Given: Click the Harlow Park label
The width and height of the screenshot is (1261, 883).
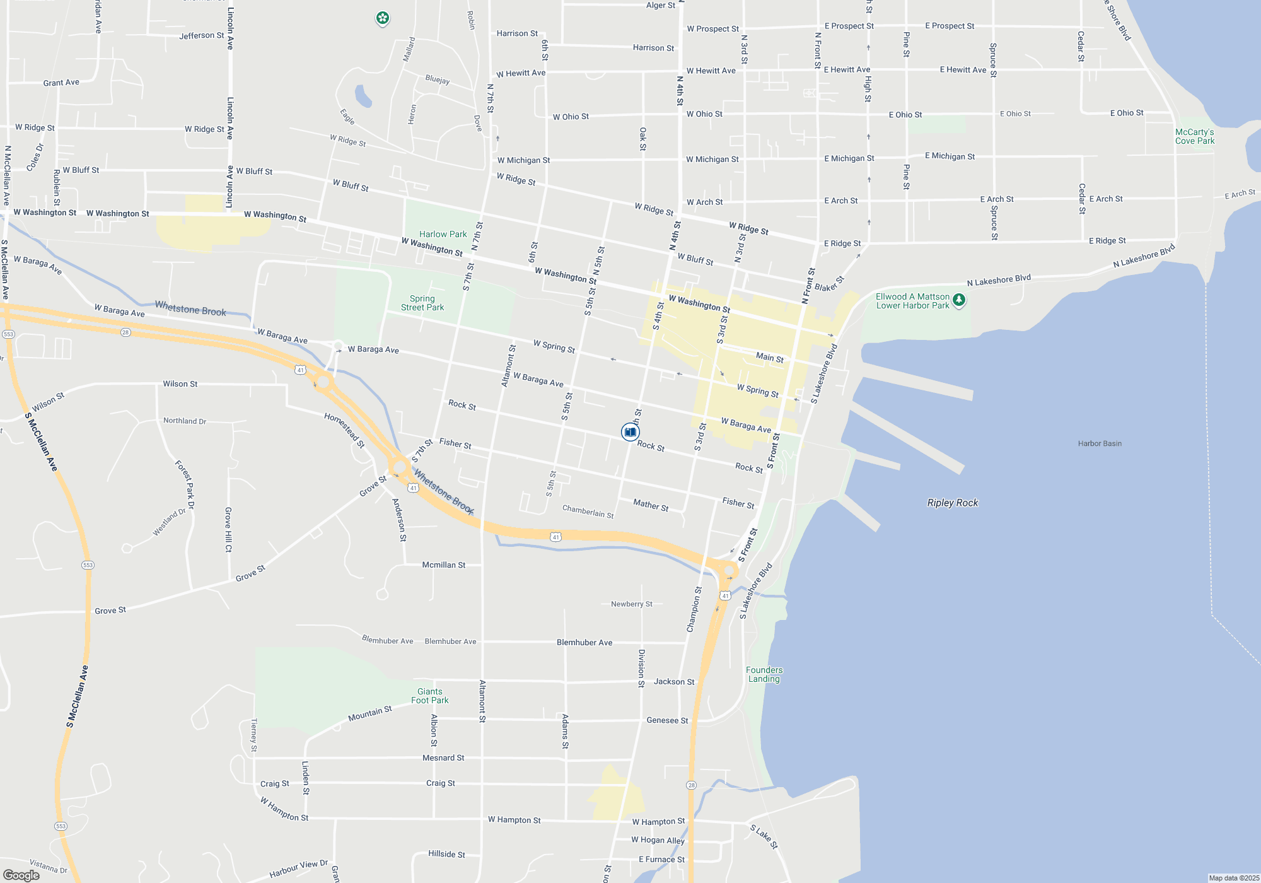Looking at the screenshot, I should [x=443, y=234].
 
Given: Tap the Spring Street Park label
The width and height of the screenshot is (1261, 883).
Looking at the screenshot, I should [x=422, y=303].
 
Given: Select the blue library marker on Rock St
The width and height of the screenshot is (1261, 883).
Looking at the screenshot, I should [x=630, y=432].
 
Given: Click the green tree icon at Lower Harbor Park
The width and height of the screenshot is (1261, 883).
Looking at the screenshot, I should [x=959, y=300].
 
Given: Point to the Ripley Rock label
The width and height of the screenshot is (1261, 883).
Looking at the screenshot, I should [x=952, y=503].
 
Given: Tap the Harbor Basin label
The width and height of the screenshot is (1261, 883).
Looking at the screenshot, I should [x=1100, y=443].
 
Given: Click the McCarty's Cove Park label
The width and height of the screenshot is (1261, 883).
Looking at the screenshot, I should [x=1194, y=136].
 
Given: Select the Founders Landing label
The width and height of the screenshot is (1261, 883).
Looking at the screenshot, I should [x=764, y=674].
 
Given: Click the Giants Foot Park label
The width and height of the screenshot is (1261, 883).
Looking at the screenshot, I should [x=430, y=696].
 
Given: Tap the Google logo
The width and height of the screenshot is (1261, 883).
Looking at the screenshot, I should [x=21, y=875].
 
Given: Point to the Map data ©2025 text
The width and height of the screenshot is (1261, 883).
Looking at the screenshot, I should [x=1234, y=878].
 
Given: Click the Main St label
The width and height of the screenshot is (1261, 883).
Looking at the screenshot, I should [x=769, y=358].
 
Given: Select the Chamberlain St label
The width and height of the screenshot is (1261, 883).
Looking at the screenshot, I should [x=588, y=512].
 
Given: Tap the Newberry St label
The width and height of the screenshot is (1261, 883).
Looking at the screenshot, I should [x=631, y=604].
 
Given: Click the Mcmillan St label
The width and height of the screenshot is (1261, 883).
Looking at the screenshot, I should [x=443, y=565].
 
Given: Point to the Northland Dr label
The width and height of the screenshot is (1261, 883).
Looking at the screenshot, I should [x=184, y=421].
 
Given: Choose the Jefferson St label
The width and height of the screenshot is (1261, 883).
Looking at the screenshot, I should [x=201, y=35].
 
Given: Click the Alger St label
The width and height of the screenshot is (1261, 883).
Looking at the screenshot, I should [x=660, y=6].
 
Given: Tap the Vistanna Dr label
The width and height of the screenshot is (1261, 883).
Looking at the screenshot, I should [x=49, y=866].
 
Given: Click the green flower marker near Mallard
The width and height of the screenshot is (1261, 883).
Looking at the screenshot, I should [x=382, y=18].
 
